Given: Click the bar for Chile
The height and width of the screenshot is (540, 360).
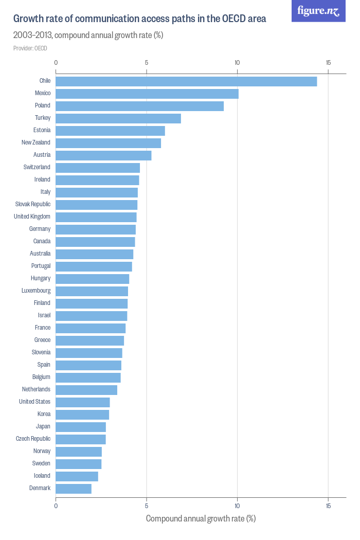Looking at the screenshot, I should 186,81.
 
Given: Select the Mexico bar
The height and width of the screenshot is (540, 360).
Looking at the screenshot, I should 147,94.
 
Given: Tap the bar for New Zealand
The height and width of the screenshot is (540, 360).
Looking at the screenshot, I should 108,143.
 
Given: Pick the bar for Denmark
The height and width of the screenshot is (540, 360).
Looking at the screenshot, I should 74,489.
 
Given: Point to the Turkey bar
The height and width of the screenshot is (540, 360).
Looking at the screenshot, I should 118,118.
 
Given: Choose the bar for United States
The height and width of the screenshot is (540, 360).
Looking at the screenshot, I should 83,402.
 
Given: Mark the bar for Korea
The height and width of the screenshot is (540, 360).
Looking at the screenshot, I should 82,415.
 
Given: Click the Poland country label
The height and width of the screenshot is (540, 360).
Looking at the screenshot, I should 42,105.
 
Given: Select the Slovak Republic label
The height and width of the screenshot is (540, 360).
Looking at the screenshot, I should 33,204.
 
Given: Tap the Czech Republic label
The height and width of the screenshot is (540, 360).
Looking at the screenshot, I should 33,439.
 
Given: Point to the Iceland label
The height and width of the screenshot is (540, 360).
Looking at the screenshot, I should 42,476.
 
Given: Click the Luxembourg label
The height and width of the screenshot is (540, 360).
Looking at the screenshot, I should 36,291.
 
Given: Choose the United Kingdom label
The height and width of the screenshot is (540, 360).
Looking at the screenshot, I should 32,217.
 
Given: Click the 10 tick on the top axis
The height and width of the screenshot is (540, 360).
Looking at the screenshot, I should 237,63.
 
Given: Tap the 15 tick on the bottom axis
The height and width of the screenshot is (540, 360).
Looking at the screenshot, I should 328,506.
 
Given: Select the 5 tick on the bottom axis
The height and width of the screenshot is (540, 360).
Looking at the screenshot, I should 147,506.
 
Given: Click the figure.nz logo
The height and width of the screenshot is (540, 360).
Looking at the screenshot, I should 318,11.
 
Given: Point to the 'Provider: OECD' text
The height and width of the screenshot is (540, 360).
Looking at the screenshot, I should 30,48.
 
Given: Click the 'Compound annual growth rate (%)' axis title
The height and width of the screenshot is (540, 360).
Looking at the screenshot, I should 201,518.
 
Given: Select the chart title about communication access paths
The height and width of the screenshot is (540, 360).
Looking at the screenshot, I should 139,19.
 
